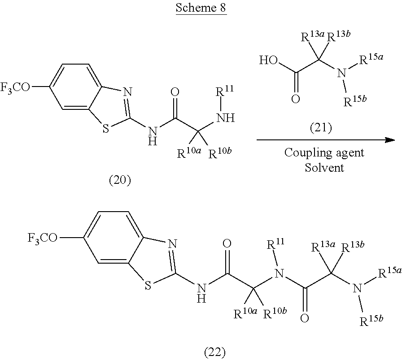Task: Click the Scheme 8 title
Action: coord(201,9)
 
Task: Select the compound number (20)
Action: coord(120,181)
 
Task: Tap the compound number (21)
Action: coord(321,129)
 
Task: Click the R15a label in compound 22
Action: coord(386,273)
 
